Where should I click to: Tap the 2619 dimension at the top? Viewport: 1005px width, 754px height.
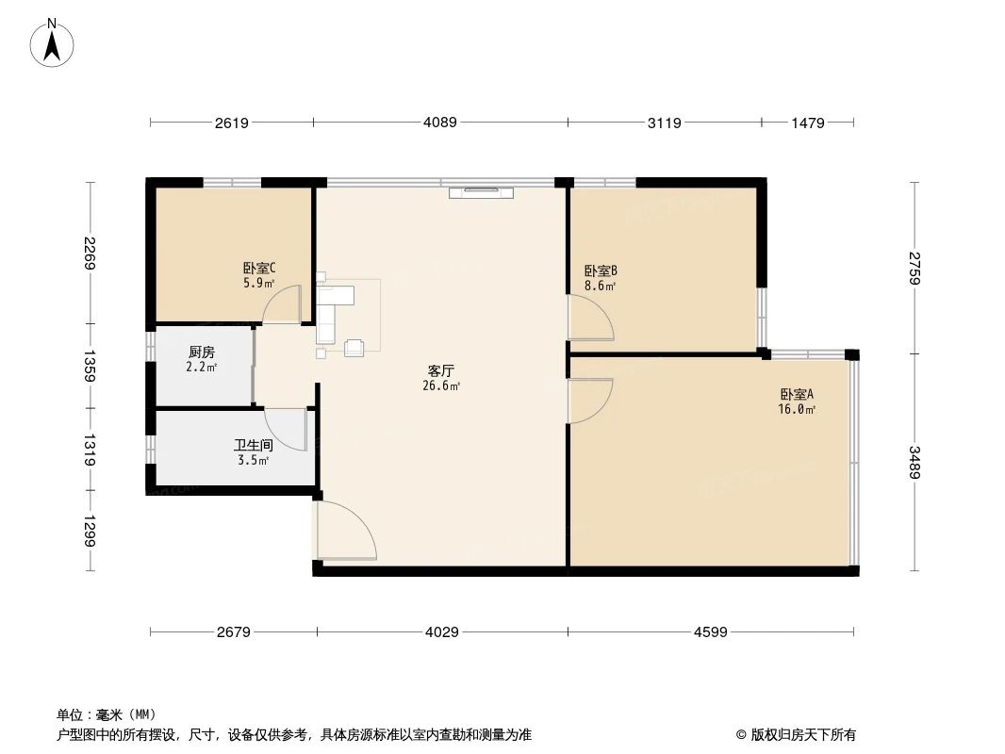(231, 123)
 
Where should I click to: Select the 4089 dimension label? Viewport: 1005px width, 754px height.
(440, 123)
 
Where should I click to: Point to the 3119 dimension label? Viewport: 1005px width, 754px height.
(664, 123)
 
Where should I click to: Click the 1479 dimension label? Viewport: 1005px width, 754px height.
(808, 123)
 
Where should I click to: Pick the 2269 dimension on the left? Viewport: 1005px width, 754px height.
(91, 252)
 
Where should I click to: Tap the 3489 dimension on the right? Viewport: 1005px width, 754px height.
(914, 462)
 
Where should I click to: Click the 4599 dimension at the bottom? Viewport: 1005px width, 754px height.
(710, 632)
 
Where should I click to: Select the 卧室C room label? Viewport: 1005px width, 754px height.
(258, 268)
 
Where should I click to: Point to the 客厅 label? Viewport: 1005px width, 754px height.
(441, 370)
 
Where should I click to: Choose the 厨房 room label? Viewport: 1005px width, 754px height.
(202, 352)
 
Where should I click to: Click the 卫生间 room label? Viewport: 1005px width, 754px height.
(253, 445)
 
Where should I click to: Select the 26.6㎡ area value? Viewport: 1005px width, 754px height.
(441, 385)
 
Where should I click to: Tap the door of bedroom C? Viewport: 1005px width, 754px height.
(282, 305)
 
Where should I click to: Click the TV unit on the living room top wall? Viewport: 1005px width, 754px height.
(481, 192)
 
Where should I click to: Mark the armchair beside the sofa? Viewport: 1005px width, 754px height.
(354, 348)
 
